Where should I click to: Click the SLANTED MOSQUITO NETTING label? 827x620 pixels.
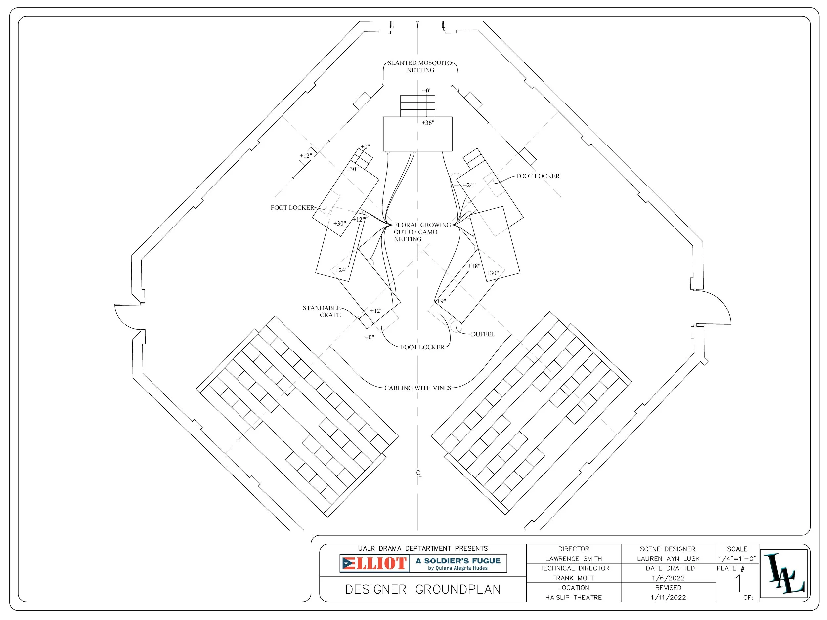[x=420, y=66]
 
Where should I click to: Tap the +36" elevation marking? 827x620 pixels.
[x=428, y=123]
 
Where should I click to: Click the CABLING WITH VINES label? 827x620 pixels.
[x=418, y=388]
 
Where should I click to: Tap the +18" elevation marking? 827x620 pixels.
[x=474, y=266]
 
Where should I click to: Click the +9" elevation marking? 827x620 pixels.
[x=442, y=301]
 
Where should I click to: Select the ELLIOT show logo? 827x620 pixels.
[x=374, y=563]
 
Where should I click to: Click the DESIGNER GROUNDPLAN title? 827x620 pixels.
[x=423, y=589]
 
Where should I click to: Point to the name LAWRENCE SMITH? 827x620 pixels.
[x=574, y=559]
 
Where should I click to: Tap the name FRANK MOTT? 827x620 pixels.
[x=574, y=578]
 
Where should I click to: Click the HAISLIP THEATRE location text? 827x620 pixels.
[x=574, y=598]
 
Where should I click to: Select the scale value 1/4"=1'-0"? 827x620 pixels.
[x=737, y=559]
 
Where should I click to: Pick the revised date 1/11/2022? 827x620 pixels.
[x=669, y=598]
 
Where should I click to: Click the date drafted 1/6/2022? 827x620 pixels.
[x=669, y=578]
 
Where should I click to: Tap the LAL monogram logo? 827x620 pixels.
[x=784, y=573]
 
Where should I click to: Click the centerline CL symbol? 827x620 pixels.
[x=419, y=474]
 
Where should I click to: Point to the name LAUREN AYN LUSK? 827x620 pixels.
[x=669, y=559]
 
